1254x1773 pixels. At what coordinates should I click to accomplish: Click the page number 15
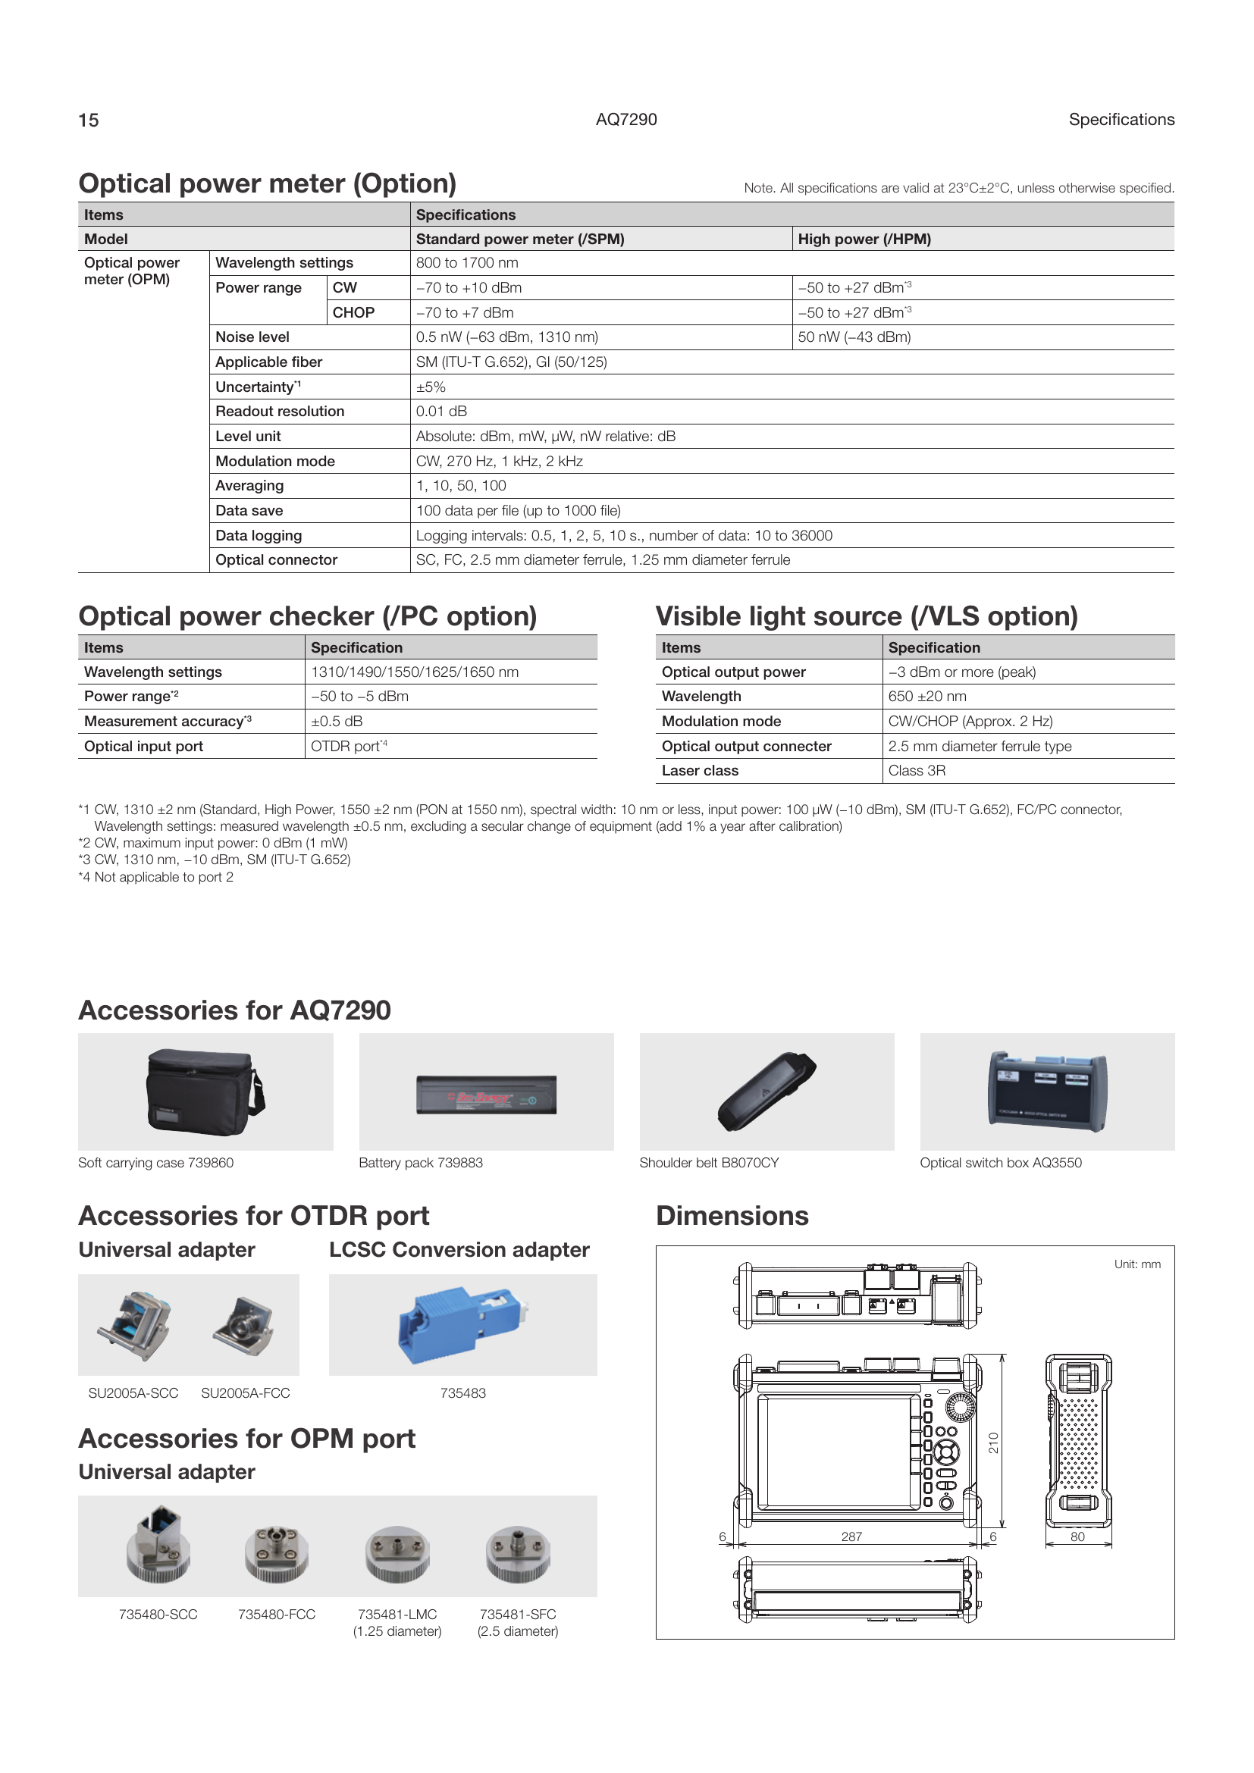89,120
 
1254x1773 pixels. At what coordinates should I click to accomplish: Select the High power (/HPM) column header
864,240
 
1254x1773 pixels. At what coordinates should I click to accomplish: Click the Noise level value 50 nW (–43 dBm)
854,337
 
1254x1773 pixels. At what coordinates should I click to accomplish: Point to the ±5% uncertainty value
431,387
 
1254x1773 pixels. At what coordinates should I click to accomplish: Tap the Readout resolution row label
280,412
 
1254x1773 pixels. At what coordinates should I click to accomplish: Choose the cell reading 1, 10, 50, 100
461,486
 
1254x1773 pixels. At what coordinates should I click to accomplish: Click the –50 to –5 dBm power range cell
360,697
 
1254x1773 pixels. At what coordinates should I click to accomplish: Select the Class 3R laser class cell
917,771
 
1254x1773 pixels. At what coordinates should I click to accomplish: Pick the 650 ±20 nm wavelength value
926,697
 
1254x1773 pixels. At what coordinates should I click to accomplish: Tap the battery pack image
487,1095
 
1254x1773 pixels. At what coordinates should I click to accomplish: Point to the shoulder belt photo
767,1092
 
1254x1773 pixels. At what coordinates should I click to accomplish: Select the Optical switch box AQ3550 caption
1001,1163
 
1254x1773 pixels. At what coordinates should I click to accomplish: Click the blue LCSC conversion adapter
462,1325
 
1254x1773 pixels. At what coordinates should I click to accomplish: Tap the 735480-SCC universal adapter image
158,1545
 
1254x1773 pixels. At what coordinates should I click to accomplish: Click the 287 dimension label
851,1537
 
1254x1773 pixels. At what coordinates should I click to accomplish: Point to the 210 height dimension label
994,1443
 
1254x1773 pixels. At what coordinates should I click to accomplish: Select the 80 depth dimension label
1077,1537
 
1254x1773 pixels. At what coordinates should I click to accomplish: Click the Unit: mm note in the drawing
1136,1264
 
